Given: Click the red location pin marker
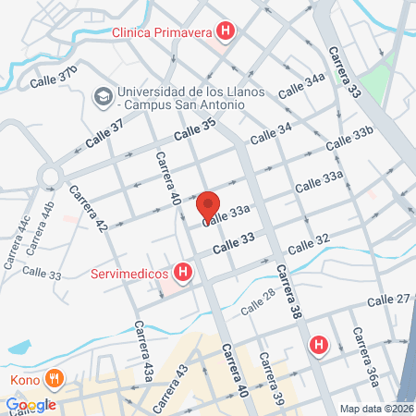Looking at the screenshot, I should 208,205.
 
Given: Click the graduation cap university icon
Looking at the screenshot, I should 103,94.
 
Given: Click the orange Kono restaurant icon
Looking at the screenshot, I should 55,378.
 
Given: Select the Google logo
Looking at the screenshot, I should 31,404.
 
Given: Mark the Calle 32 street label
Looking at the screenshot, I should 309,243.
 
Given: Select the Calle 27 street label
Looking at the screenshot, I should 389,299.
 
